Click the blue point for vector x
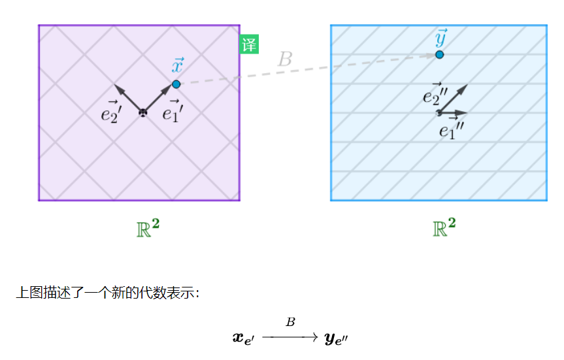(176, 84)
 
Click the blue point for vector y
(440, 54)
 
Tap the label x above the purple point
(177, 66)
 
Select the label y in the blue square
(442, 38)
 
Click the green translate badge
(248, 44)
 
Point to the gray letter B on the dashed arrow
(285, 59)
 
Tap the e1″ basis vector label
(450, 131)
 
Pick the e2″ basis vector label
(435, 96)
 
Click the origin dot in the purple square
(143, 113)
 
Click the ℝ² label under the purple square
(147, 228)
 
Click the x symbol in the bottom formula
(244, 338)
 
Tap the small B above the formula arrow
(291, 322)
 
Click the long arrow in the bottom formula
(290, 336)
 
